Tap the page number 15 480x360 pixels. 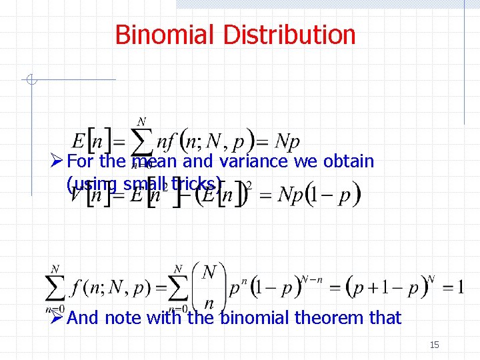(434, 345)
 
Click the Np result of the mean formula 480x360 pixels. (287, 141)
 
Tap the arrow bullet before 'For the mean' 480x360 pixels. (57, 161)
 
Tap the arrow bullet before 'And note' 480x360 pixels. (57, 317)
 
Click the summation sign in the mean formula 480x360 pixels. (141, 142)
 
